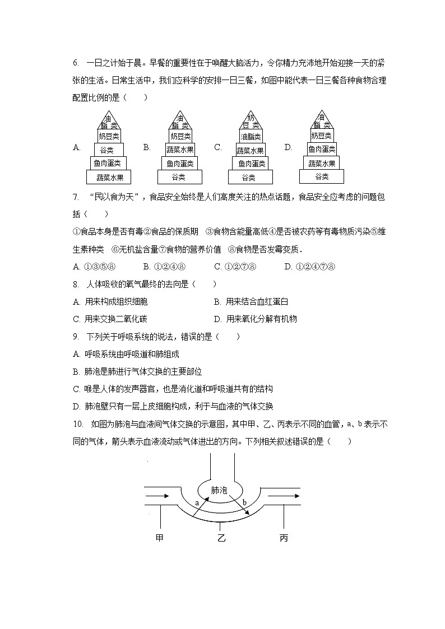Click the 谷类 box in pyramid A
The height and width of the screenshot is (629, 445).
(x=107, y=150)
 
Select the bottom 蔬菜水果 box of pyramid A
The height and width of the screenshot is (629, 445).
(x=109, y=178)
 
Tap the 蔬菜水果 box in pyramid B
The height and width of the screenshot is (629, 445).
(x=180, y=150)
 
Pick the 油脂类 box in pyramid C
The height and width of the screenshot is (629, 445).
(x=250, y=136)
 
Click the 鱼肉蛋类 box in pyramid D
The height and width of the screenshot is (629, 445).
(x=322, y=149)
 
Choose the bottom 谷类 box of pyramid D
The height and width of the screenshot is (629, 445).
(x=322, y=176)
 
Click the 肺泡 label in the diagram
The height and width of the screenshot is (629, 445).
(x=219, y=490)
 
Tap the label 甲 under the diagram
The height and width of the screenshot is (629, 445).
(x=160, y=538)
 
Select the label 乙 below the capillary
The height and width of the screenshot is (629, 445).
(x=221, y=538)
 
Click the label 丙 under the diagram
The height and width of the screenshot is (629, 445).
(x=284, y=538)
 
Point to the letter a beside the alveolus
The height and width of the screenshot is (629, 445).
(x=197, y=502)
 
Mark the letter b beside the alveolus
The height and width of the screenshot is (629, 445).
(x=244, y=502)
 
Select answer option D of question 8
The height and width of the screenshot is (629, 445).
(x=256, y=319)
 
